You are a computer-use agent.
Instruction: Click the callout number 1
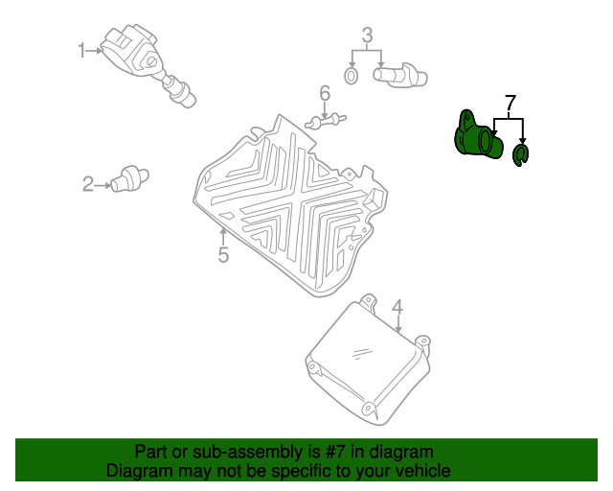click(81, 51)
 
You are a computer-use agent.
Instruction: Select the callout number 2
click(88, 184)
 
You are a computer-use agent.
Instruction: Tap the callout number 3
click(367, 35)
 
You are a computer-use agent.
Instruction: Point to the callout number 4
click(397, 308)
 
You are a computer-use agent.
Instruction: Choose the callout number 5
click(223, 254)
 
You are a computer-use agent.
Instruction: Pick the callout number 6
click(325, 93)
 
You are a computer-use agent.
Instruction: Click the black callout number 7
click(511, 103)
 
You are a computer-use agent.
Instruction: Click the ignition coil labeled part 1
click(147, 64)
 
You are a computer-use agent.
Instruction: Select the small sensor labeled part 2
click(129, 179)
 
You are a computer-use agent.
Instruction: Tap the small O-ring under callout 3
click(352, 76)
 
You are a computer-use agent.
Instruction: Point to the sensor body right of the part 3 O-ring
click(400, 75)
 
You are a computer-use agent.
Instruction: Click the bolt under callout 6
click(326, 121)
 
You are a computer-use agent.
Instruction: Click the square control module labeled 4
click(368, 361)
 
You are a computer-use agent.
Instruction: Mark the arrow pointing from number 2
click(102, 185)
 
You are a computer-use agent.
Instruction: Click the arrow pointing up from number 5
click(223, 237)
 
